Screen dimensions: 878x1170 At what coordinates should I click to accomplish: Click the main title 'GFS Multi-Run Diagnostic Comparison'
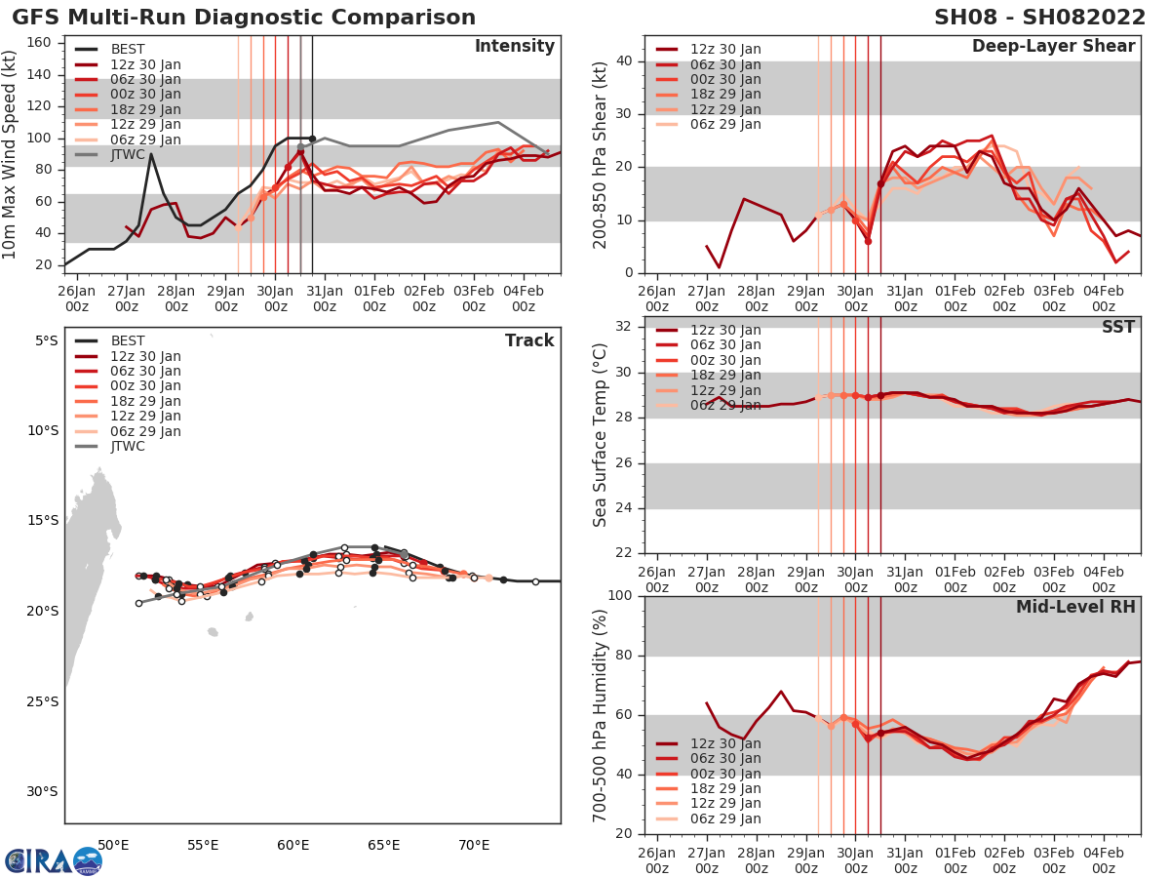[244, 18]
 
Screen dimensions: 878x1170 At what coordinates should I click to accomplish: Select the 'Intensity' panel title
[514, 47]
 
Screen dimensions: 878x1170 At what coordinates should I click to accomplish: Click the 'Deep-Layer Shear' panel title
[1053, 47]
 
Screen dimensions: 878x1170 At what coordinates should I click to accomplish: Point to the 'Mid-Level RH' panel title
[1075, 607]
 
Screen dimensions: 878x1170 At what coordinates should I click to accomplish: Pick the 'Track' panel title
[529, 340]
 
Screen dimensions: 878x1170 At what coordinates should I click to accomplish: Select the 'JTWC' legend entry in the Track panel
[128, 447]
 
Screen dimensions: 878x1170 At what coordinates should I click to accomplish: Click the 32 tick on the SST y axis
[627, 327]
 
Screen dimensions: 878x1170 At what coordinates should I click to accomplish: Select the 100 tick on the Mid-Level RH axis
[622, 596]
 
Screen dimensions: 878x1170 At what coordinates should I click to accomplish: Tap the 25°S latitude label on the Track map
[43, 701]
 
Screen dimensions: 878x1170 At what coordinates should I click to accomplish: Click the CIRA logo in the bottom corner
[54, 861]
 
